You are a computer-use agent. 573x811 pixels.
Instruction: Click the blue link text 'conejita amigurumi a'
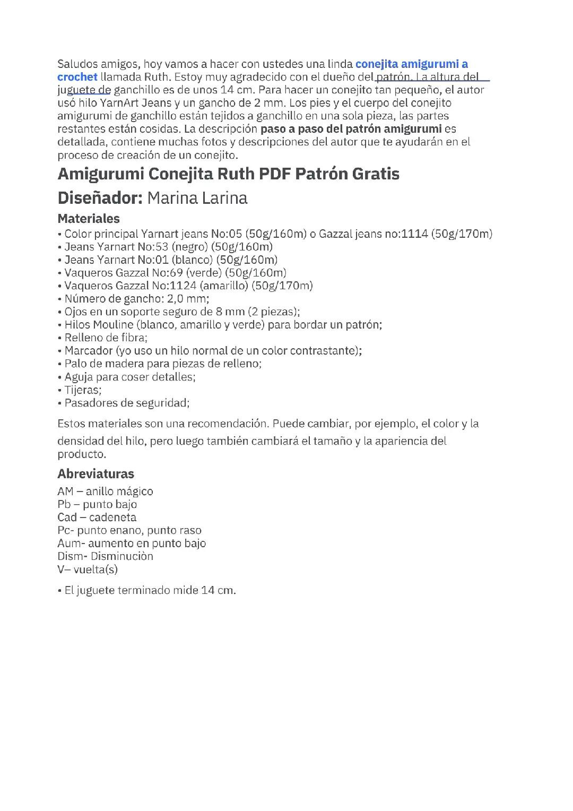411,64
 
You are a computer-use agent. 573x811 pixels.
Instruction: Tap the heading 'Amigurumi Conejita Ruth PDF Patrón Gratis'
228,174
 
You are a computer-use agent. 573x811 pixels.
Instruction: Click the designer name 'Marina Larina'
197,198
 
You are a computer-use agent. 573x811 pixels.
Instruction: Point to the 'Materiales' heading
89,219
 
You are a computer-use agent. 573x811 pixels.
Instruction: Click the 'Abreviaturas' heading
95,474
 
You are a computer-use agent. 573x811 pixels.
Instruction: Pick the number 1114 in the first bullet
414,234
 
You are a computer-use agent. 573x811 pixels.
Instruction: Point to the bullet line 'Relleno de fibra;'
106,338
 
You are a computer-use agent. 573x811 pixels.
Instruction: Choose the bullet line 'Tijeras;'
83,390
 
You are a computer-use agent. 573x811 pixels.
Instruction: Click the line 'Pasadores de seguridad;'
127,403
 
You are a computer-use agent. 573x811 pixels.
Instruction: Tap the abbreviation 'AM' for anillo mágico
65,491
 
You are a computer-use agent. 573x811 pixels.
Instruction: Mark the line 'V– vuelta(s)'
88,570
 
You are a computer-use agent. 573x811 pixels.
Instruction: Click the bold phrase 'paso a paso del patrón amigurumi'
351,129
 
